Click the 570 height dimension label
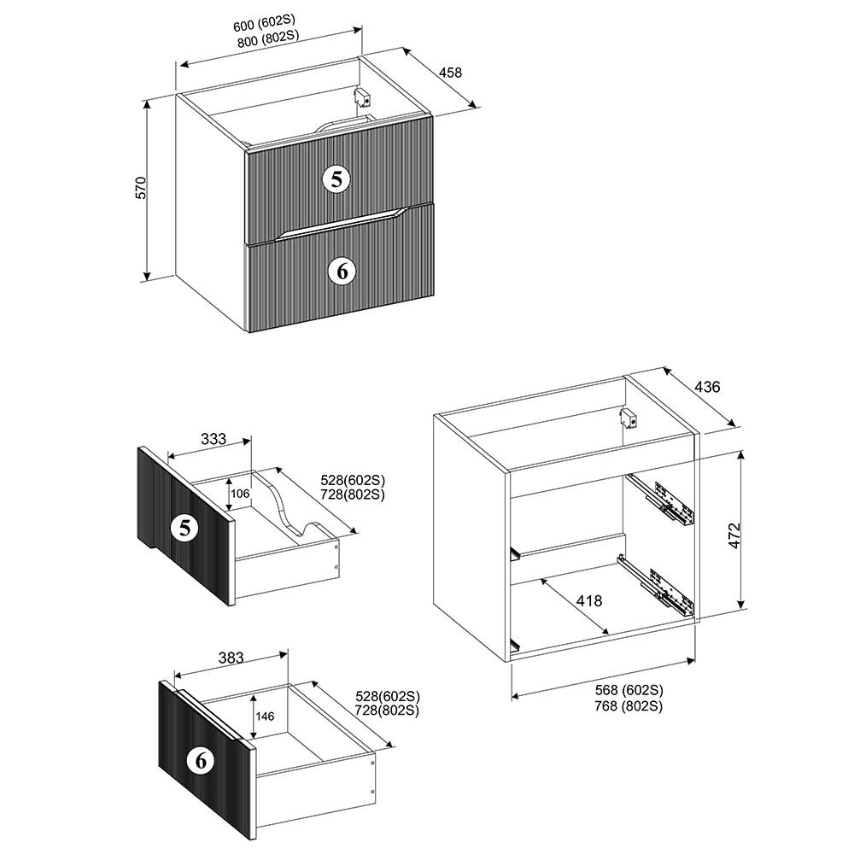[141, 187]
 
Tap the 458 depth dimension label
[450, 72]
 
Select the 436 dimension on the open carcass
[707, 387]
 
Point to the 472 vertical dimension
[734, 535]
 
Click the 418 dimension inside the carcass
[589, 600]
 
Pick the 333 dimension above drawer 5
[213, 439]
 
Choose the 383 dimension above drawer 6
[231, 658]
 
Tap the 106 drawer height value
[240, 494]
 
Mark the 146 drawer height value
[265, 717]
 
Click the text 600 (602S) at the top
[264, 23]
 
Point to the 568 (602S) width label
[629, 690]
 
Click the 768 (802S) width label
[629, 706]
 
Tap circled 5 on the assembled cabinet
[337, 178]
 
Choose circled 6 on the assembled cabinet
[342, 270]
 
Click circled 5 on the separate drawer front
[185, 527]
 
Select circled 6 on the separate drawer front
[201, 760]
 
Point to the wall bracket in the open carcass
[629, 418]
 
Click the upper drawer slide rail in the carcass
[660, 500]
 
